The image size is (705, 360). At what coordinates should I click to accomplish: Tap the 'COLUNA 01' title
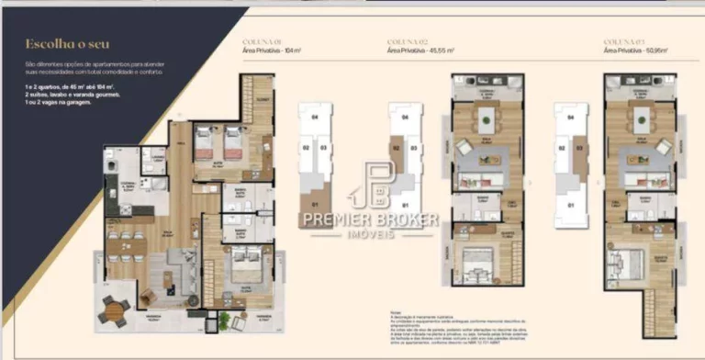point(258,42)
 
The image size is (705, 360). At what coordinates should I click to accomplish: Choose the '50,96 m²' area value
point(654,51)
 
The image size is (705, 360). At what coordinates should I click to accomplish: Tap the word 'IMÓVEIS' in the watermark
point(370,235)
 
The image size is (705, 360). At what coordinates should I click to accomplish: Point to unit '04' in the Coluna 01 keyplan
point(314,118)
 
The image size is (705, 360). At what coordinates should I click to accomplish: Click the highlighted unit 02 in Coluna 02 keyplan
point(397,147)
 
